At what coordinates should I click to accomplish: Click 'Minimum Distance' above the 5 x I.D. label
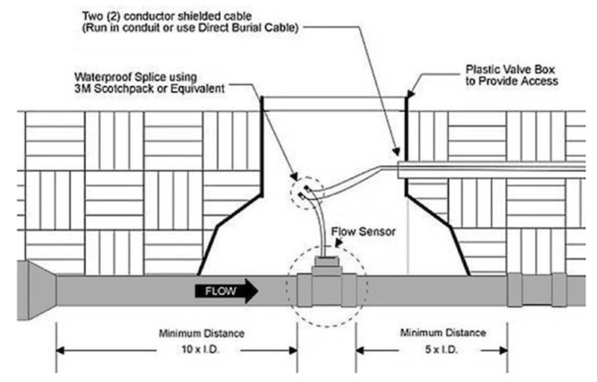[x=443, y=333]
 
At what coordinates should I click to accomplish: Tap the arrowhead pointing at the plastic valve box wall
[x=410, y=95]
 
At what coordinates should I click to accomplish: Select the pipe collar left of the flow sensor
[x=305, y=290]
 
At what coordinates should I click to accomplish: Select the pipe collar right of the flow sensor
[x=348, y=290]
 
